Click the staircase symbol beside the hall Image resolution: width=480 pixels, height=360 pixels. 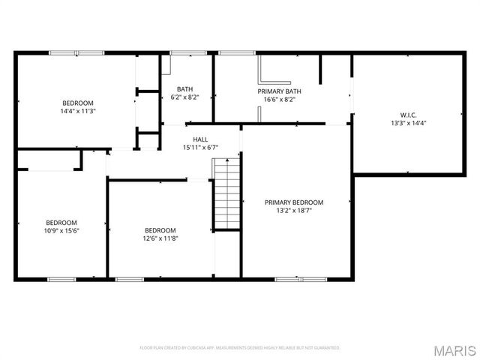click(226, 193)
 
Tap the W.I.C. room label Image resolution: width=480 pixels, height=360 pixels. click(408, 115)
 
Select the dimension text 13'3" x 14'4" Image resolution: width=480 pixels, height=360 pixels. click(408, 123)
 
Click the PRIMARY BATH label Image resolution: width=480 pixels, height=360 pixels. click(279, 90)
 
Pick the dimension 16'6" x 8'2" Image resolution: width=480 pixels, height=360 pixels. click(279, 98)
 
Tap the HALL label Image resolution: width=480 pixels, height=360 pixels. click(200, 139)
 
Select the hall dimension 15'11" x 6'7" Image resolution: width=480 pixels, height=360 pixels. click(200, 147)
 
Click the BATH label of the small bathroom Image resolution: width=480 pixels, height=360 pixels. click(184, 89)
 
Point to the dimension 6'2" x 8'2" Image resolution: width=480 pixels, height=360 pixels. click(184, 97)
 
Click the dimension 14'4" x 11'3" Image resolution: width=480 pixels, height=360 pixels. click(77, 111)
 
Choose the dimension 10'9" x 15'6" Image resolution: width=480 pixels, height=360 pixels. click(61, 231)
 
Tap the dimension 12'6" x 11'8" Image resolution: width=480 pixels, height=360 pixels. click(160, 238)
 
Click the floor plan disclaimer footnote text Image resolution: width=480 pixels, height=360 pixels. click(240, 348)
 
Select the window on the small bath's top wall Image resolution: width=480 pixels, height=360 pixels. click(183, 52)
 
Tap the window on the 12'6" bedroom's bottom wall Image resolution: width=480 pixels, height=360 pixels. click(130, 279)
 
